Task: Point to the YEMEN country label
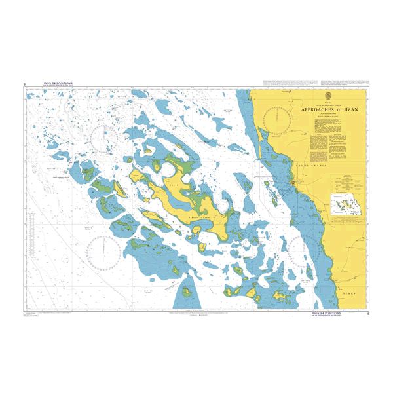(350, 295)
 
